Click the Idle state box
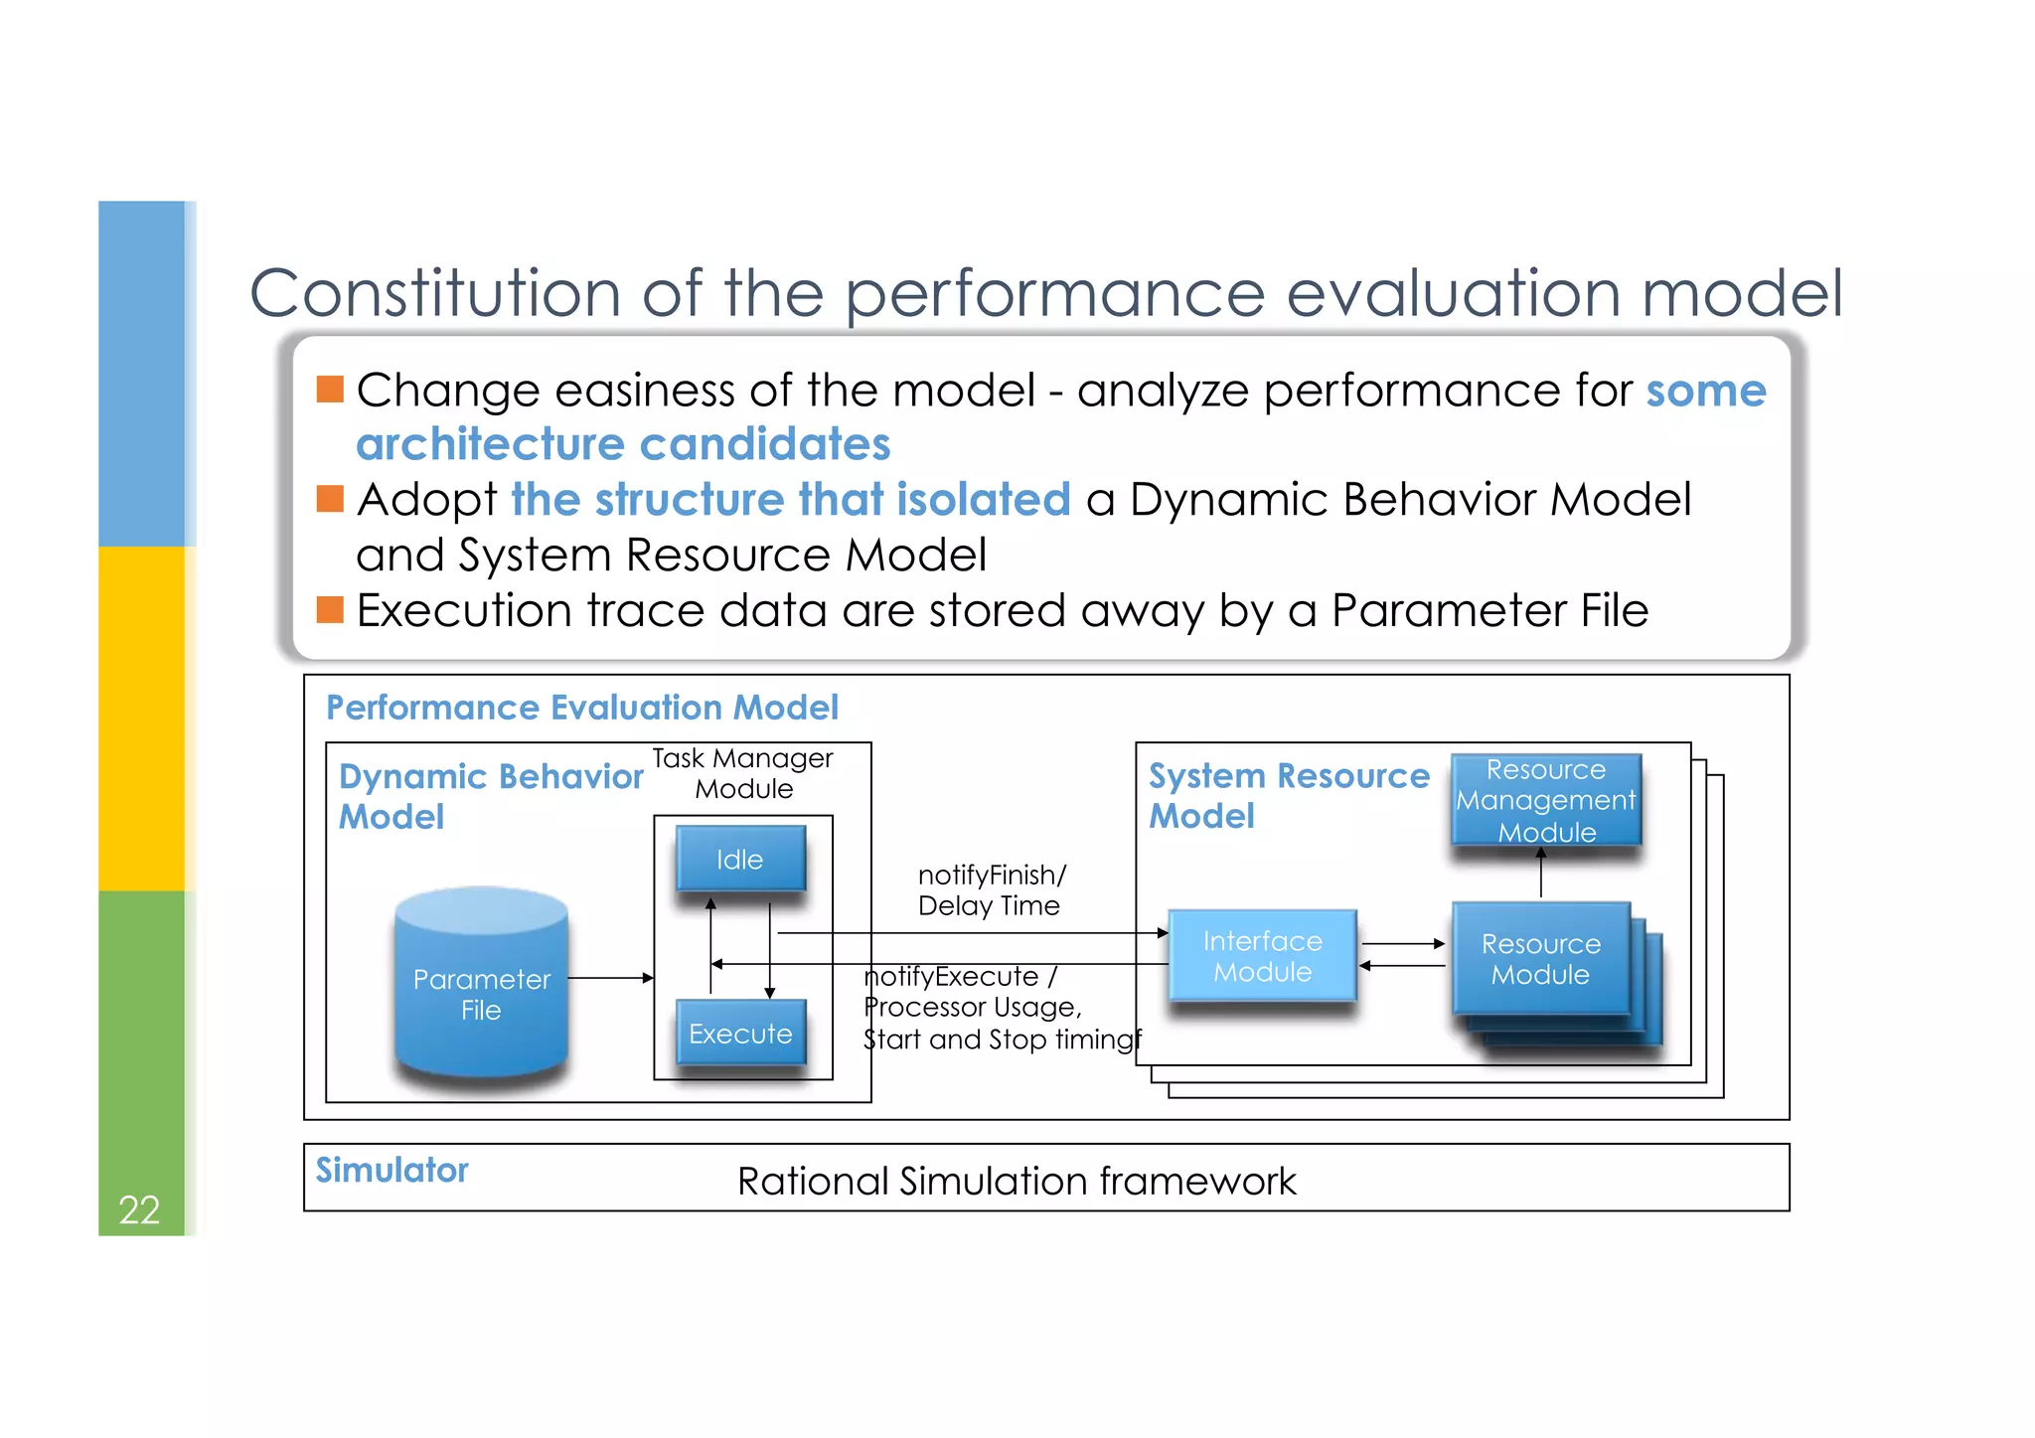tap(740, 859)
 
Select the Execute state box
tap(740, 1034)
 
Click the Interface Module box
tap(1262, 955)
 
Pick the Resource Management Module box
tap(1545, 800)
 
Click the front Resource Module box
tap(1540, 958)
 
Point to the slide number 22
tap(139, 1209)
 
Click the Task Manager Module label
tap(743, 773)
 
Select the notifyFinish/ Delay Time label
tap(990, 889)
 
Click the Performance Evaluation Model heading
tap(582, 708)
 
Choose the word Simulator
tap(391, 1170)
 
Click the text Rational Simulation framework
tap(1017, 1181)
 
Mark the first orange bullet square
tap(330, 389)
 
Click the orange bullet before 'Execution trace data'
tap(330, 609)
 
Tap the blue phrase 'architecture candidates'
tap(623, 444)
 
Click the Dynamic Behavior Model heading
tap(491, 795)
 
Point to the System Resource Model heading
tap(1288, 795)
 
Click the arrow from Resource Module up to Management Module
tap(1541, 874)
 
